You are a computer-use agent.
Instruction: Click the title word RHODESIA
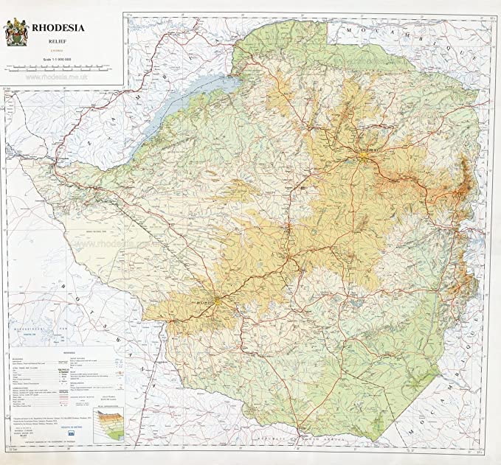click(x=58, y=29)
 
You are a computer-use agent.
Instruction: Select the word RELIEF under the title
click(x=58, y=43)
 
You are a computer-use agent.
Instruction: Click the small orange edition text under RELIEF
click(x=58, y=50)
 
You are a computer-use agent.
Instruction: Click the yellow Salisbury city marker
click(x=367, y=153)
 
